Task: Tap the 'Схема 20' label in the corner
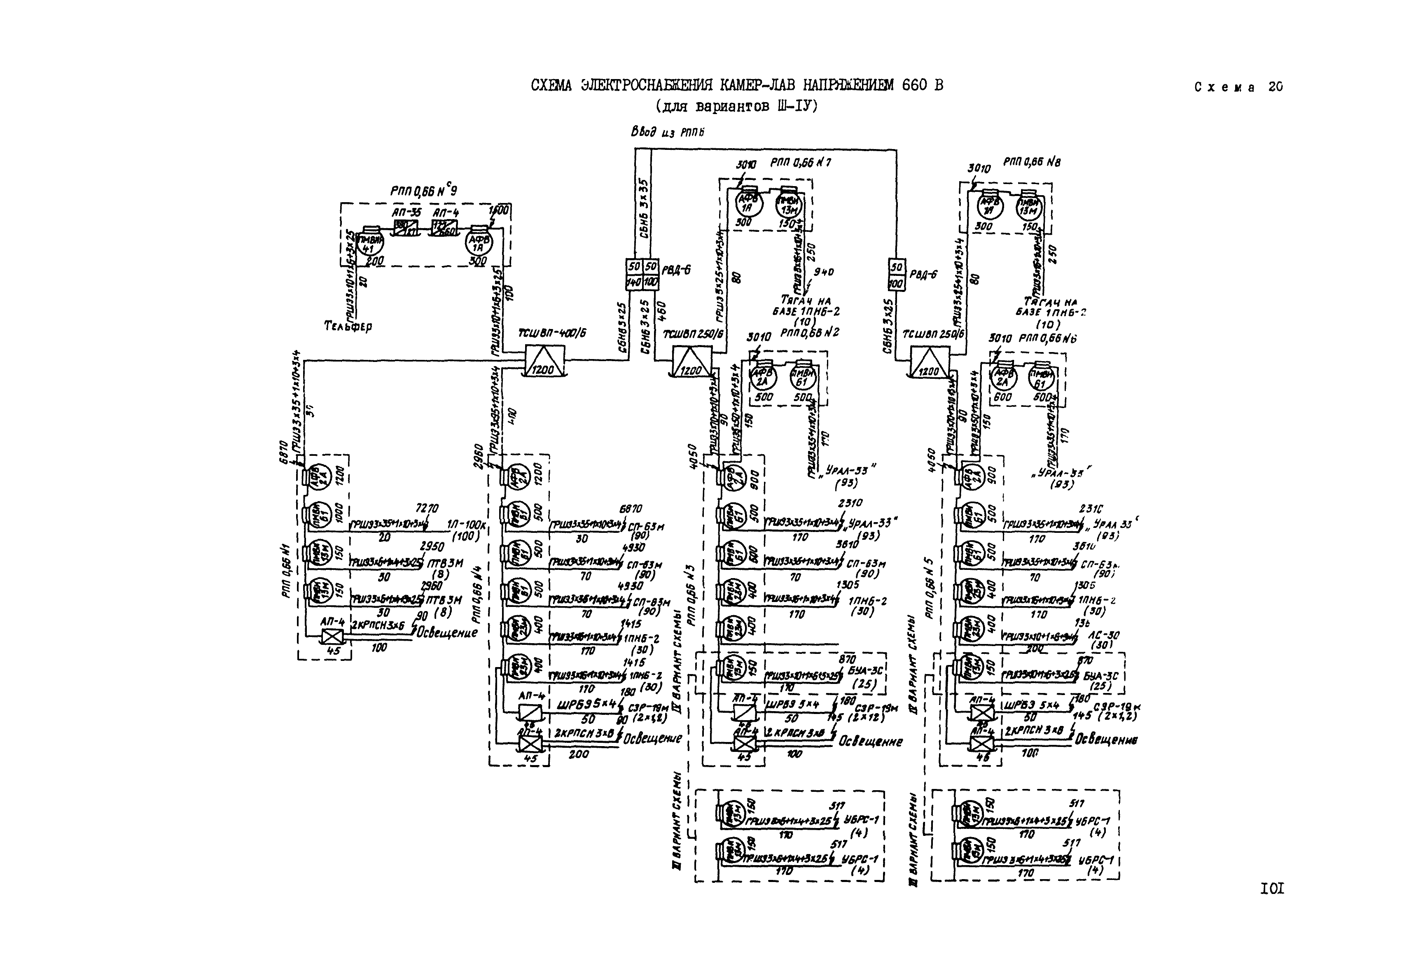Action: tap(1238, 87)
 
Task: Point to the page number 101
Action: tap(1272, 889)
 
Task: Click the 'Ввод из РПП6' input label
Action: tap(668, 132)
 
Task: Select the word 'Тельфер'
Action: tap(348, 326)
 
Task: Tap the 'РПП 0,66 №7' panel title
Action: tap(800, 163)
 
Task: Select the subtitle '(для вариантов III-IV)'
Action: tap(736, 106)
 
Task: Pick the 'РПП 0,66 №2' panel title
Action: tap(809, 333)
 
